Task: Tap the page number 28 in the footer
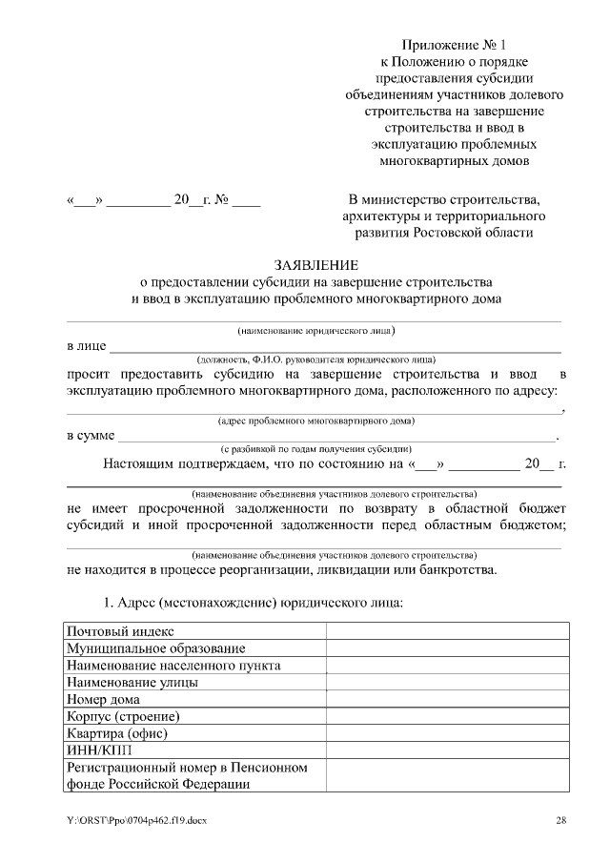pyautogui.click(x=561, y=820)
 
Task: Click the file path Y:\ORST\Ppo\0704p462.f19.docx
pyautogui.click(x=136, y=820)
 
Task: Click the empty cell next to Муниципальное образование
pyautogui.click(x=448, y=648)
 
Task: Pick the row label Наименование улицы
pyautogui.click(x=132, y=683)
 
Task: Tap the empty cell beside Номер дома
pyautogui.click(x=448, y=700)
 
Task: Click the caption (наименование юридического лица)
pyautogui.click(x=315, y=331)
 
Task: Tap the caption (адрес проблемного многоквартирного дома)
pyautogui.click(x=315, y=421)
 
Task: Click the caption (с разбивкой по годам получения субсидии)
pyautogui.click(x=315, y=448)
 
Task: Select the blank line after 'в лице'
pyautogui.click(x=334, y=347)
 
